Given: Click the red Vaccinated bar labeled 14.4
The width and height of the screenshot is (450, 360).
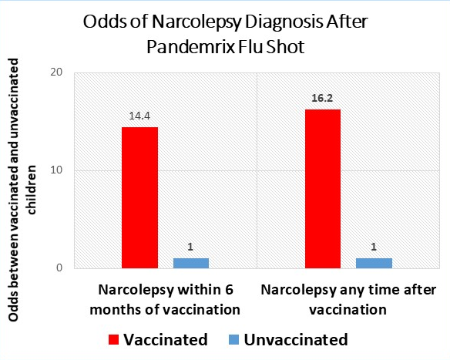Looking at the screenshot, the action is point(139,198).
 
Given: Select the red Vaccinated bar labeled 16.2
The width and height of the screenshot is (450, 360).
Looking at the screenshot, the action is point(323,189).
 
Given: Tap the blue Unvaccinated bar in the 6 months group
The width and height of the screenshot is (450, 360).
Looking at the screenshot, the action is point(191,263).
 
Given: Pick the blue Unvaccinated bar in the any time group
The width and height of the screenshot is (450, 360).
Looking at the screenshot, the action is point(374,263).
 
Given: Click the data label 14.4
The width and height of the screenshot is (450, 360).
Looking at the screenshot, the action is point(139,116).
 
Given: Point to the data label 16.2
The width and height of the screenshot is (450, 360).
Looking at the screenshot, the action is point(322,98).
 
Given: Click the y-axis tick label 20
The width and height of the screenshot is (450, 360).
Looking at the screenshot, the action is point(56,72).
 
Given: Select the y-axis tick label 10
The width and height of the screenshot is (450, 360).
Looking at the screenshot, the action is point(56,170).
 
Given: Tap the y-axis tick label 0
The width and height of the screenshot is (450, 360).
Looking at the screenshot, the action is point(59,267).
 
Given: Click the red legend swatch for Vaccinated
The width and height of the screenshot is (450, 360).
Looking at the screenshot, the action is point(113,340).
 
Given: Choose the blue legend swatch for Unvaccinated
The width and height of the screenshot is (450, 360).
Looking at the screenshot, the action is point(234,340).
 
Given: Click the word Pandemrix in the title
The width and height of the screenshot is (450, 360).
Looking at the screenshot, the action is point(191,47).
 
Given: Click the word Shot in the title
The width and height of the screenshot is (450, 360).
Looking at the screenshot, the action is point(285,47).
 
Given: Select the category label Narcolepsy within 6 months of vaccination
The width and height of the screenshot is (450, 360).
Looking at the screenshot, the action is point(165,300).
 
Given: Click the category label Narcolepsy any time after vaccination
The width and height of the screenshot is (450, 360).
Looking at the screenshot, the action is point(348,300).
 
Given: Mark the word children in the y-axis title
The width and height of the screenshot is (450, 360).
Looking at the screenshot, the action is point(31,190).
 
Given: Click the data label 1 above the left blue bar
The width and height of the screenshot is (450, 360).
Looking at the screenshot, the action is point(190,247).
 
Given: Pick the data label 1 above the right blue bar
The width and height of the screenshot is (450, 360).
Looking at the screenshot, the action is point(374,247).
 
